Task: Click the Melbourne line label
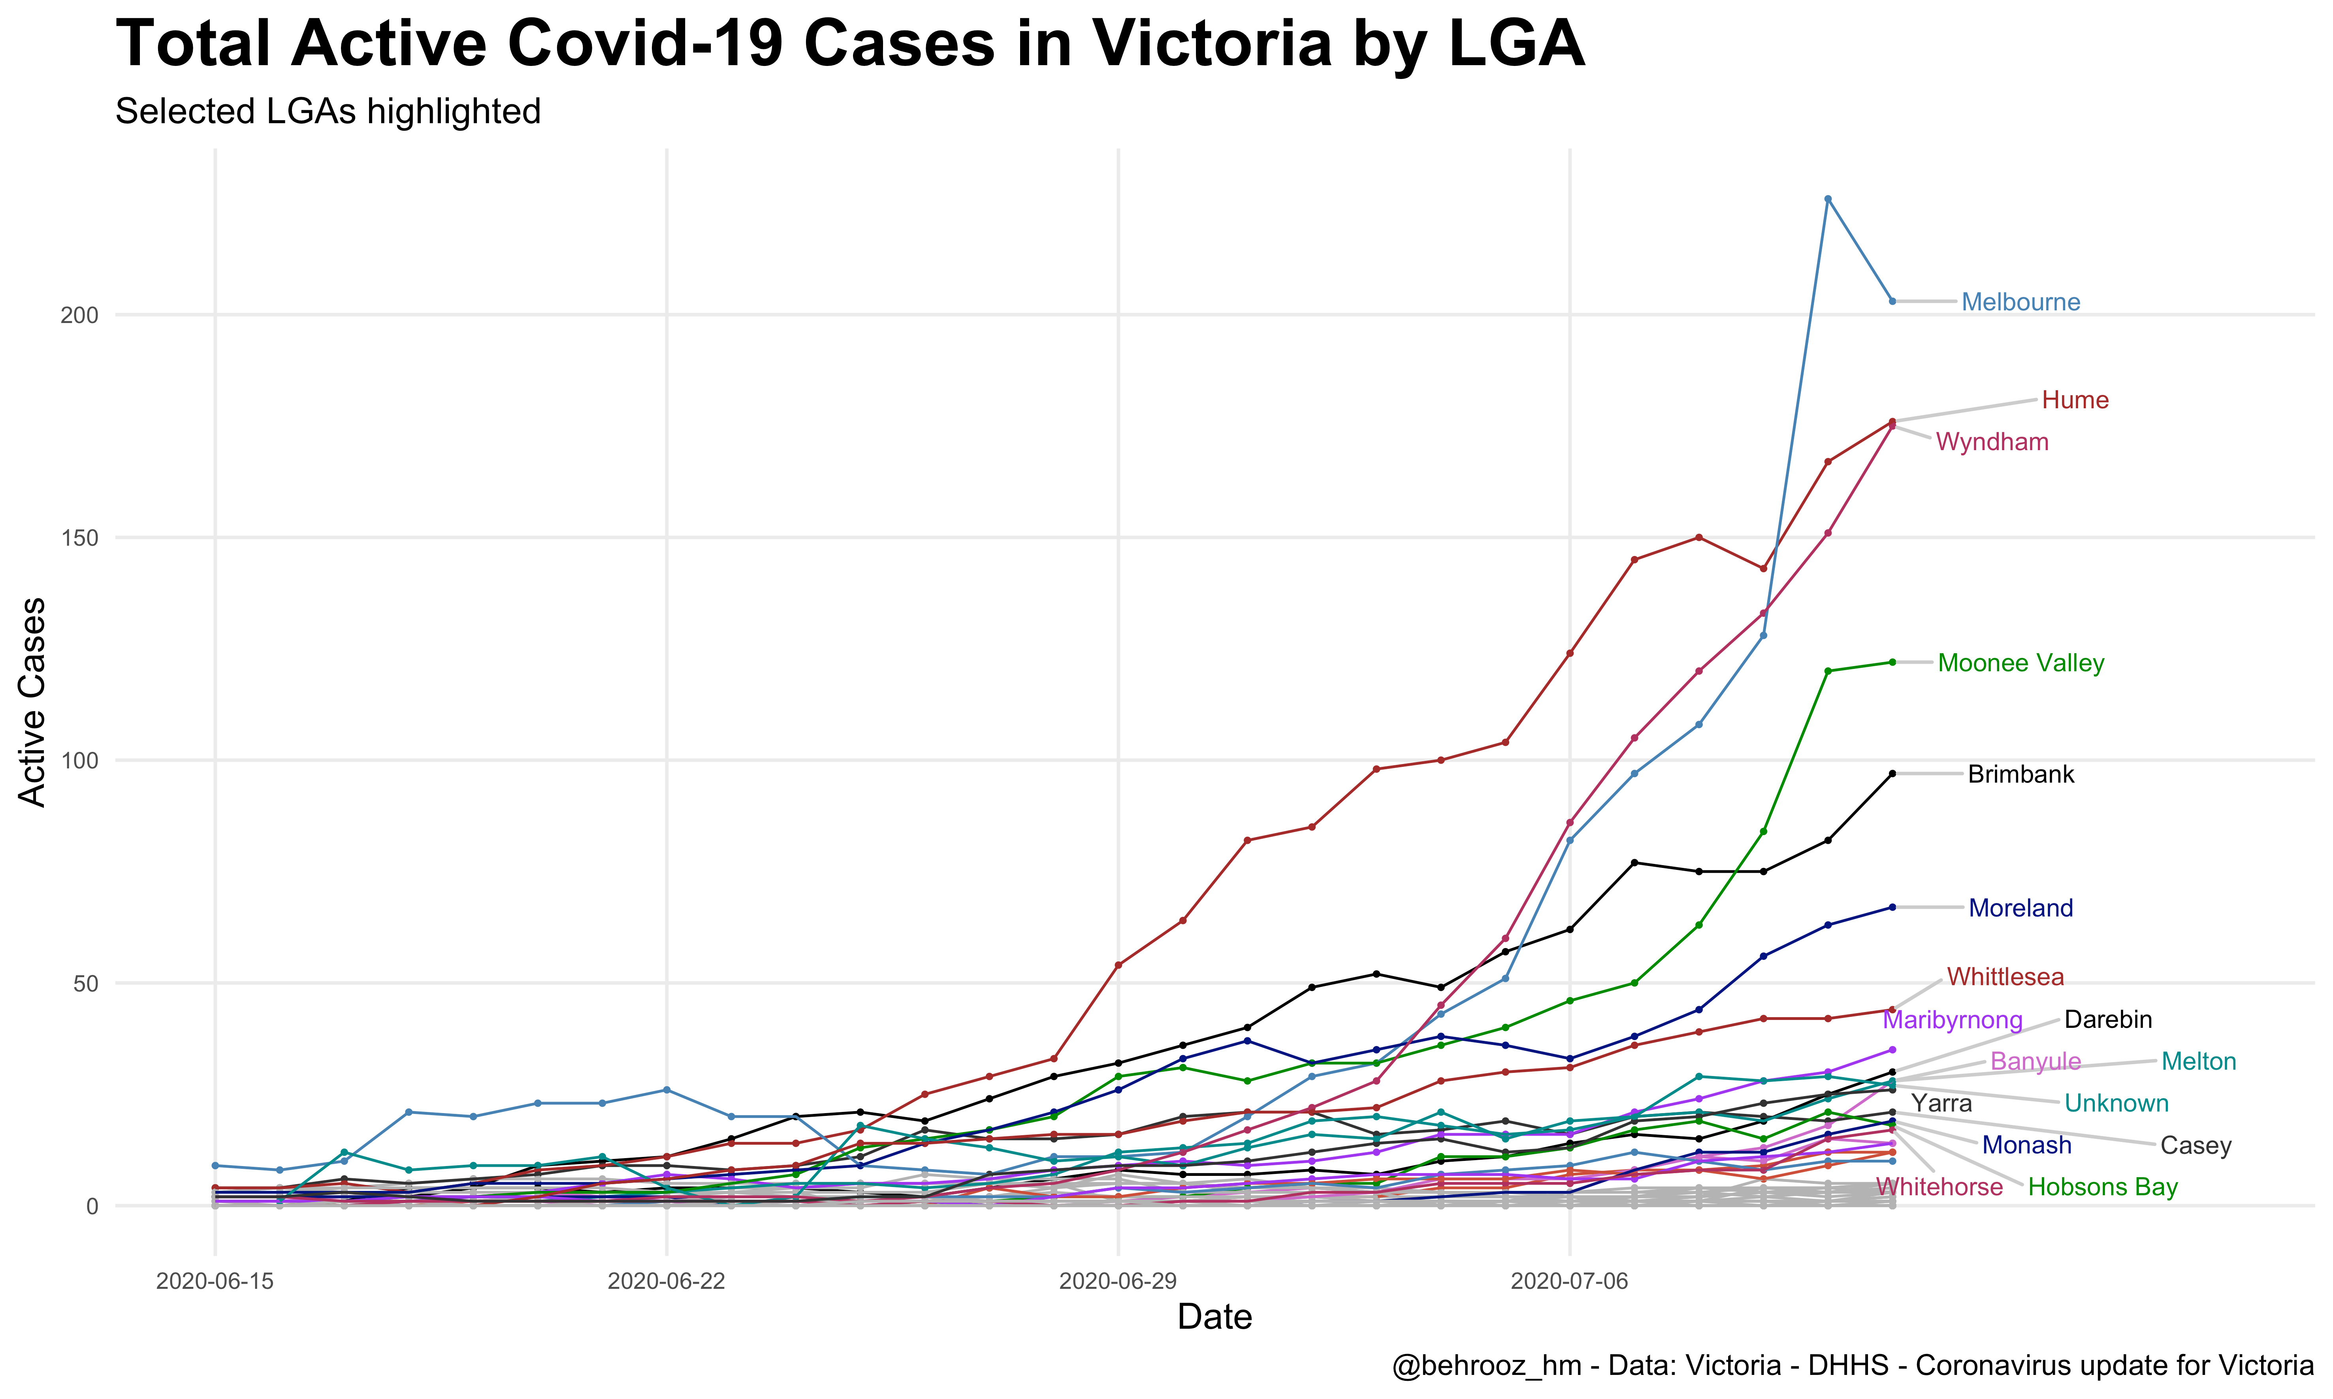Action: click(2020, 302)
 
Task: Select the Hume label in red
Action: click(2075, 401)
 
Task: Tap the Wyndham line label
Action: click(1992, 442)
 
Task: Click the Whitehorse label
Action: click(1939, 1188)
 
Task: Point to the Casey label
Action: click(2196, 1146)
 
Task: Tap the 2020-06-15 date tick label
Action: click(215, 1282)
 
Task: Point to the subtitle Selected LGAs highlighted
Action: click(328, 112)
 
